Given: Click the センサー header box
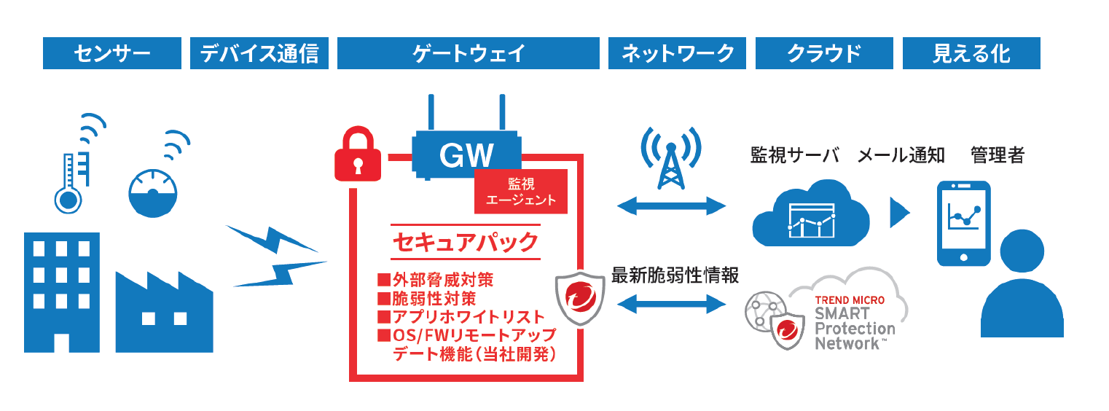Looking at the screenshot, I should pyautogui.click(x=111, y=53).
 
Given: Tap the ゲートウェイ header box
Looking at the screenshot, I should pyautogui.click(x=469, y=53).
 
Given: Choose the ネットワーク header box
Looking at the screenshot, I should pyautogui.click(x=677, y=53).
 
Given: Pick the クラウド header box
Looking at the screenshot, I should pyautogui.click(x=824, y=53).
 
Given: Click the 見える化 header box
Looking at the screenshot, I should pyautogui.click(x=971, y=53).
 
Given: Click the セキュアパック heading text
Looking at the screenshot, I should pyautogui.click(x=466, y=242).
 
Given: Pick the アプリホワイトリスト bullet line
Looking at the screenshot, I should pyautogui.click(x=461, y=317).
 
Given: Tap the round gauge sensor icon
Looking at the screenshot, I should pyautogui.click(x=152, y=194).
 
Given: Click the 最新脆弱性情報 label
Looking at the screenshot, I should pyautogui.click(x=675, y=275).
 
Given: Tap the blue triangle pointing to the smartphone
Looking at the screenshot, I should pyautogui.click(x=900, y=213).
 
